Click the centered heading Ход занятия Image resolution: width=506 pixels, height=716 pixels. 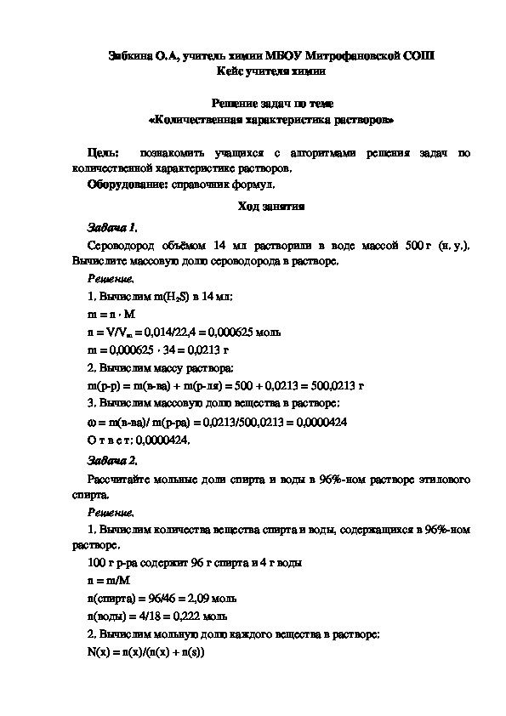pos(253,207)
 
